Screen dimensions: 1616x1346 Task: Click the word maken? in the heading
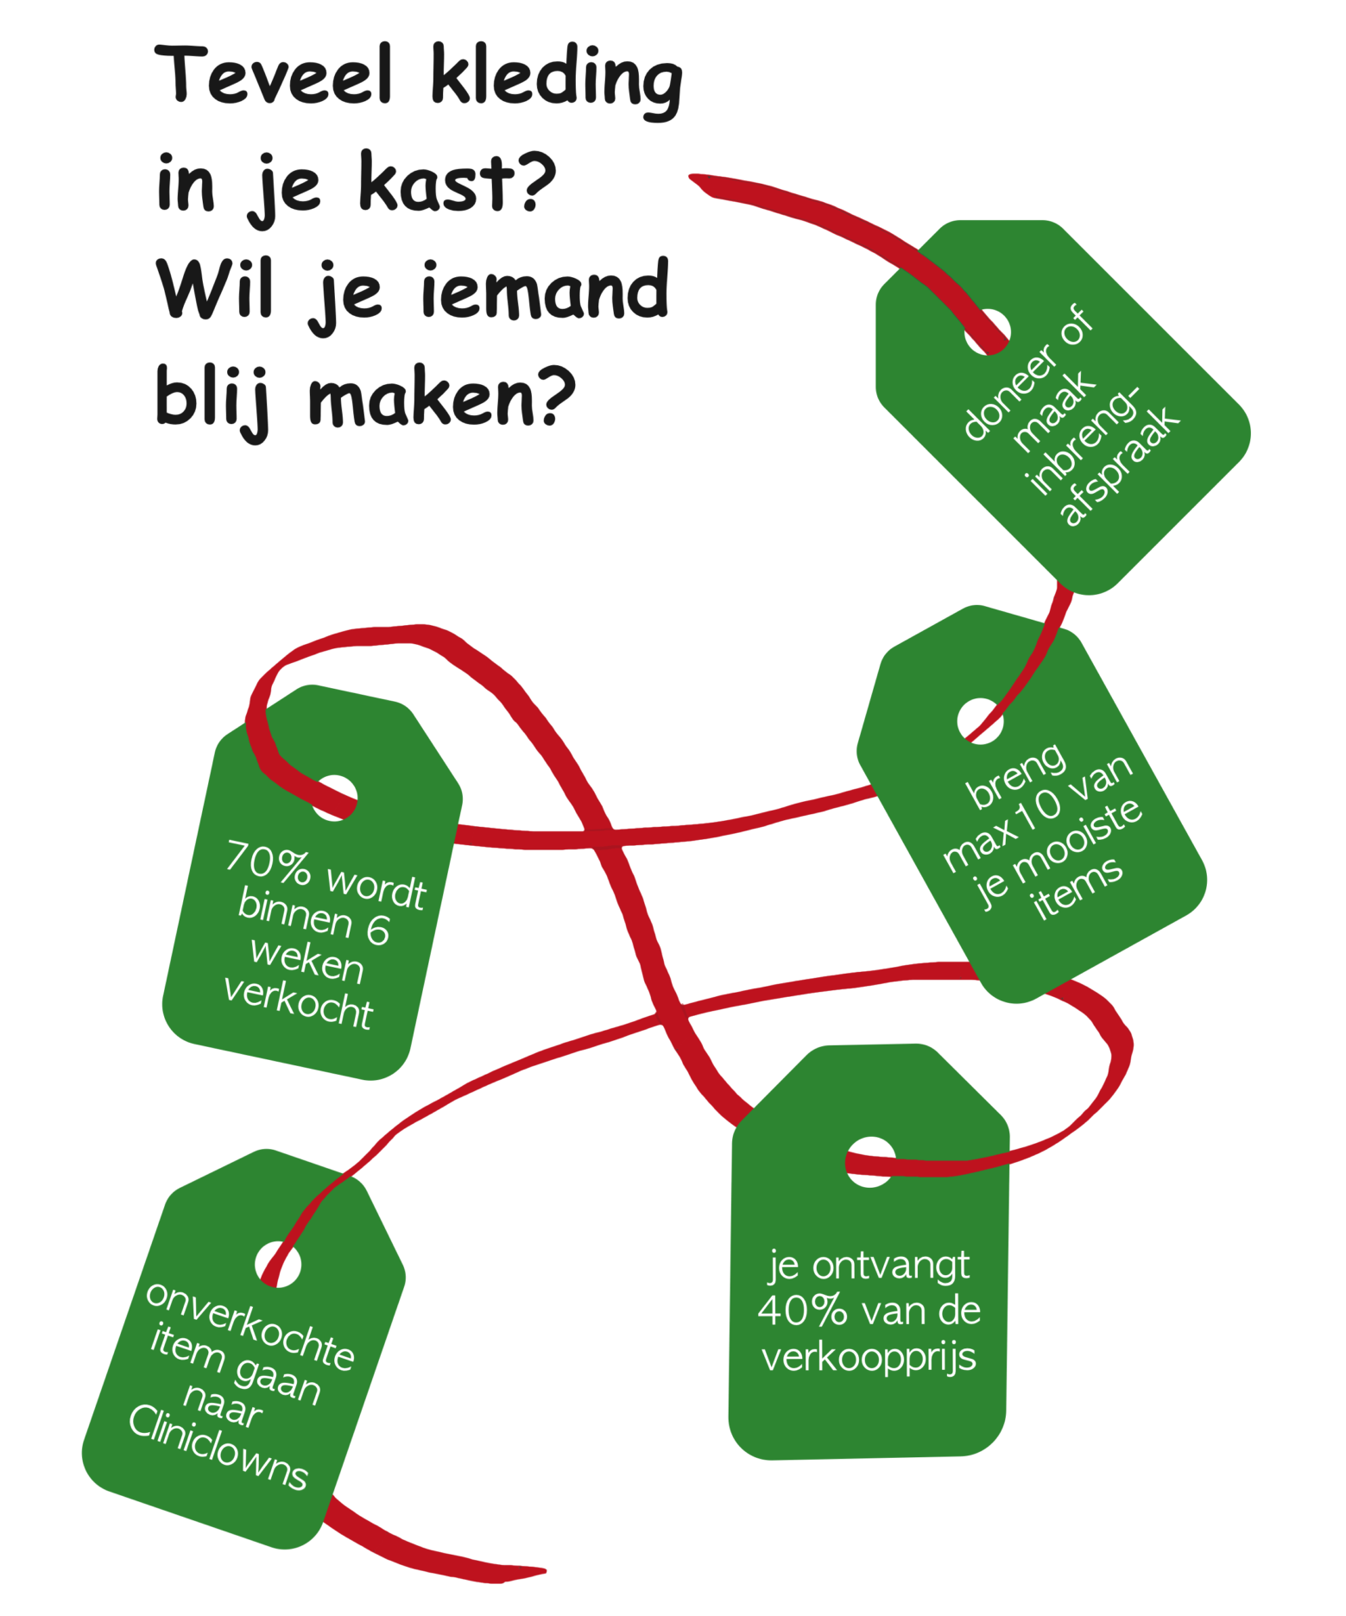tap(441, 397)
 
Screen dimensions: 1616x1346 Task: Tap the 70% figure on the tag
tap(268, 864)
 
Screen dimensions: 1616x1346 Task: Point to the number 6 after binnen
tap(378, 929)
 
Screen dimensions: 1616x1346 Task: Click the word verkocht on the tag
tap(298, 1003)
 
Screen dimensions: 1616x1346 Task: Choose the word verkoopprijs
tap(869, 1356)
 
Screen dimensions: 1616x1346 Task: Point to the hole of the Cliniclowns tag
tap(278, 1266)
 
